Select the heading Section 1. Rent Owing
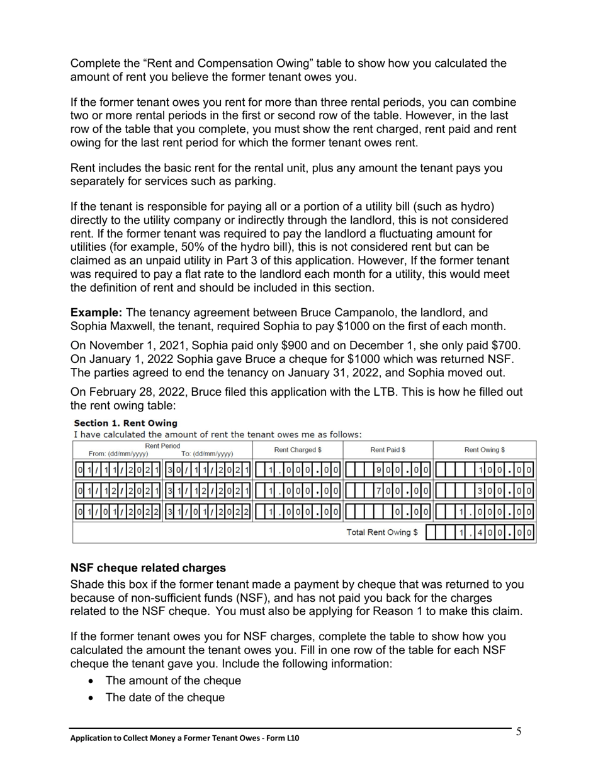point(125,423)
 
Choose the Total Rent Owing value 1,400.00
point(496,533)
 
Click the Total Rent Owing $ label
point(382,532)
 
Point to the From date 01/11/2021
point(118,469)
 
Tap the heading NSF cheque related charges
point(148,568)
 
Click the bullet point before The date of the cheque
point(93,698)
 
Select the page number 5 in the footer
point(519,732)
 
